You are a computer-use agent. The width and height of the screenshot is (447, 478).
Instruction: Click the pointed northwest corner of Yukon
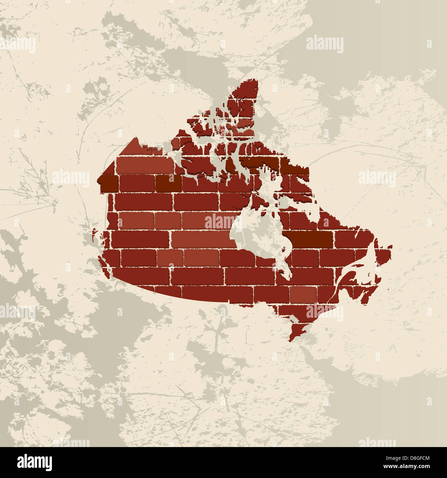(136, 140)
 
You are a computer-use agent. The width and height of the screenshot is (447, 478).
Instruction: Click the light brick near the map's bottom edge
(303, 294)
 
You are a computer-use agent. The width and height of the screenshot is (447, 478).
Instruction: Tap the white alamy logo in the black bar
(34, 463)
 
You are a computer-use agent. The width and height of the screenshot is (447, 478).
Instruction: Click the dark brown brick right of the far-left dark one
(168, 184)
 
